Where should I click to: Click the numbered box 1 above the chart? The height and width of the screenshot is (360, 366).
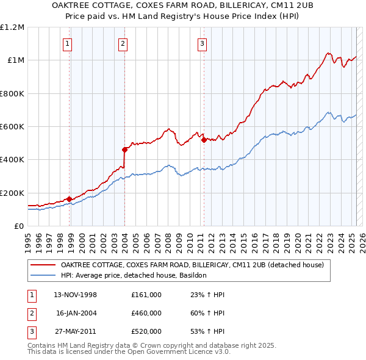click(x=66, y=43)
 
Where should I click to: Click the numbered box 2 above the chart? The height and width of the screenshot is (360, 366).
click(x=123, y=43)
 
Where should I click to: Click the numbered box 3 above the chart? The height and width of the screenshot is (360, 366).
click(x=202, y=43)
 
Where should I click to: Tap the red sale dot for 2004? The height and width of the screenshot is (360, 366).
click(x=124, y=149)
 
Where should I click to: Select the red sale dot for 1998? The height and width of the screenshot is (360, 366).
click(x=69, y=199)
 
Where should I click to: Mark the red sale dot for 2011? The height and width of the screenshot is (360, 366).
click(x=204, y=139)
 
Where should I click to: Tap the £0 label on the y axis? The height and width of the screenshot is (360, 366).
click(x=19, y=226)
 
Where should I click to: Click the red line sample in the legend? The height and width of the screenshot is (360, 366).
click(x=43, y=265)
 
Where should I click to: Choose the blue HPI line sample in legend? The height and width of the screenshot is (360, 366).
click(x=43, y=275)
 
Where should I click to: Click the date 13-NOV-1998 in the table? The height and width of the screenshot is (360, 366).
click(x=76, y=295)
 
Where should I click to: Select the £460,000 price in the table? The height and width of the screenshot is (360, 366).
click(x=146, y=313)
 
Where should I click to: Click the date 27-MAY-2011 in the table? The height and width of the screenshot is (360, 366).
click(x=76, y=331)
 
